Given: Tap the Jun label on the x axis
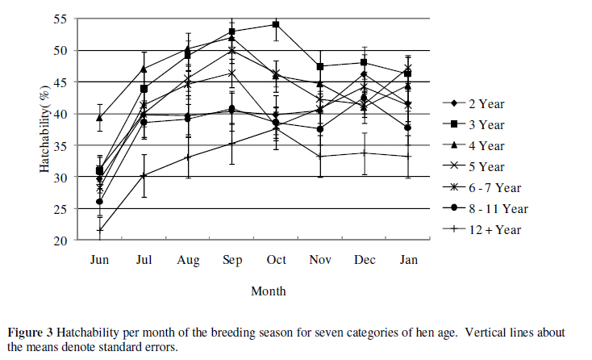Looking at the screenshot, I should point(99,259).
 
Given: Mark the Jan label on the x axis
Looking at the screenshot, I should point(407,259).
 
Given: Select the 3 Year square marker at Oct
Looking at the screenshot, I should point(276,24).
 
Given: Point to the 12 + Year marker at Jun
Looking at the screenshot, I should point(100,230).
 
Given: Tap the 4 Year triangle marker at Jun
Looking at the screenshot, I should point(100,118).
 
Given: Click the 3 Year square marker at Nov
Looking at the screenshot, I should point(320,66).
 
